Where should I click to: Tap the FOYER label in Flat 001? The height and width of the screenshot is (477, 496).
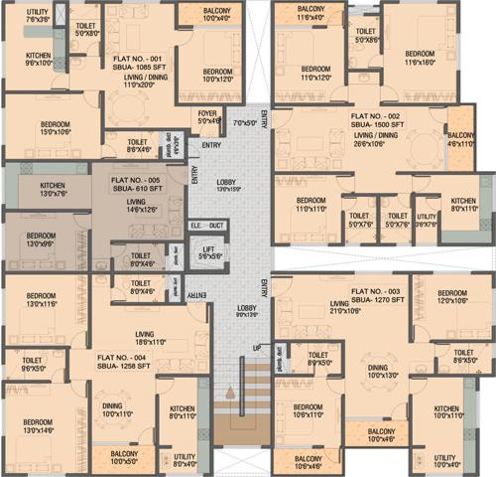207,114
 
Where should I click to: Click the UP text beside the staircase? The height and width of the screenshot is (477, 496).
257,348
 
